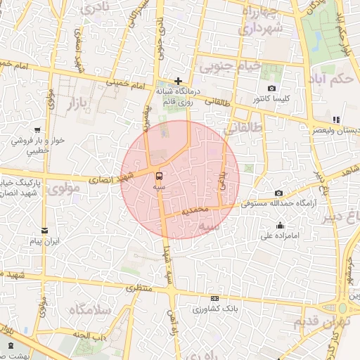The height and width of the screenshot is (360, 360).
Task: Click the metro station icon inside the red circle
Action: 158,175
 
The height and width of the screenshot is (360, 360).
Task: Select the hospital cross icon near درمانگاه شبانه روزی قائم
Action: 179,82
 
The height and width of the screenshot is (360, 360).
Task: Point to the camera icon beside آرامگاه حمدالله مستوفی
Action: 279,193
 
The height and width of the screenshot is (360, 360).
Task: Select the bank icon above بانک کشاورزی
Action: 214,299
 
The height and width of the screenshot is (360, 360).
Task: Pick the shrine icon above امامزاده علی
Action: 281,226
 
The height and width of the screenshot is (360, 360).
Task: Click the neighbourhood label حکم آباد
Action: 334,78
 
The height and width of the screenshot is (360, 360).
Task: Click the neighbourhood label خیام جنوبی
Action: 233,67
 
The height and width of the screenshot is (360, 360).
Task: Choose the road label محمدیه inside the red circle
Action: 195,210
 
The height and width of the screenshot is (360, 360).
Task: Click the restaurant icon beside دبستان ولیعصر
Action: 336,120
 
